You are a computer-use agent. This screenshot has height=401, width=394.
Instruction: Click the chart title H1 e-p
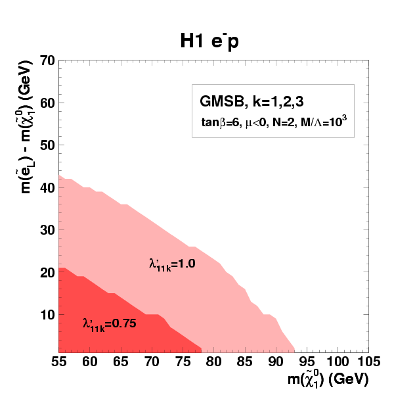[x=208, y=41]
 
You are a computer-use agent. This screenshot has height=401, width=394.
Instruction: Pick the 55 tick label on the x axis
[x=59, y=362]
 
